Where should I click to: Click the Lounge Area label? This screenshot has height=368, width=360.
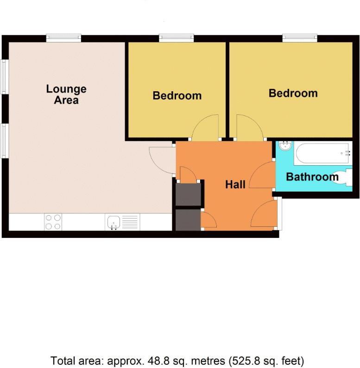click(x=66, y=94)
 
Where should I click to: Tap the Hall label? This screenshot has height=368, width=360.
click(x=235, y=185)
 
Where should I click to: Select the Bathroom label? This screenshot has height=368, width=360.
click(x=312, y=177)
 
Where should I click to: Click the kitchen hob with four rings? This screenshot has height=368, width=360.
click(x=53, y=222)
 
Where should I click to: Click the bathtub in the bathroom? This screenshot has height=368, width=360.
click(x=322, y=152)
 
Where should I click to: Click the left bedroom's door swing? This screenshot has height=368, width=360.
click(x=206, y=127)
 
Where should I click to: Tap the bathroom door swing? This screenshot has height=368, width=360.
click(x=261, y=175)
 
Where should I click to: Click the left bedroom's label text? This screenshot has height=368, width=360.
click(x=177, y=96)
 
